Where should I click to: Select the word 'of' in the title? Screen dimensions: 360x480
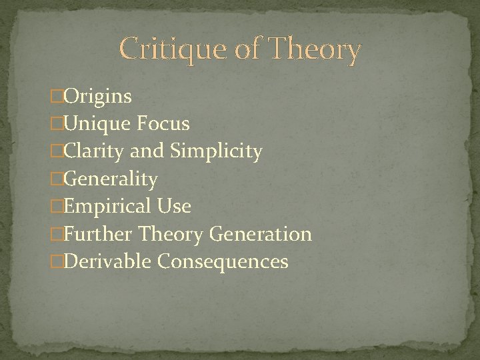click(245, 50)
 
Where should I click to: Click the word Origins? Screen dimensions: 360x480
click(98, 97)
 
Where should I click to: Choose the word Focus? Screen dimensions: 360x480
click(164, 124)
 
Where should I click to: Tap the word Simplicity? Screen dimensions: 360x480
click(216, 152)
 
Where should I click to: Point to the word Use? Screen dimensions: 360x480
click(175, 207)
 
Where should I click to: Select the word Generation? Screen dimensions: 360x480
click(261, 234)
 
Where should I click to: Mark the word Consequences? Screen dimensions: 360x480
click(223, 261)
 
